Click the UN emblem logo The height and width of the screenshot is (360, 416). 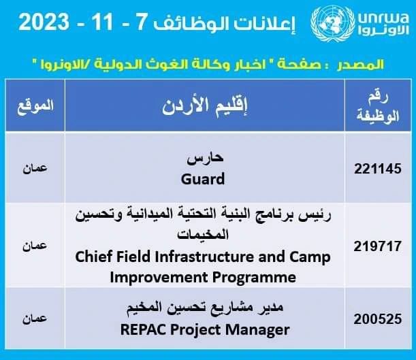coord(333,23)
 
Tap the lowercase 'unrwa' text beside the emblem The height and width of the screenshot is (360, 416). coord(383,18)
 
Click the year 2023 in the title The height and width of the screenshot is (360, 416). coord(44,22)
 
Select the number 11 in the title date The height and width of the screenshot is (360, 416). coord(102,22)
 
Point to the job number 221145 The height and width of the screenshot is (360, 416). coord(377,169)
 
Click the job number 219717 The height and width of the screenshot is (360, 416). coord(377,246)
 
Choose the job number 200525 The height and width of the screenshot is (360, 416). coord(377,319)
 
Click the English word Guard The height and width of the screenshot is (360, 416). coord(203,179)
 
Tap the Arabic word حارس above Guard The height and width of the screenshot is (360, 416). coord(205,159)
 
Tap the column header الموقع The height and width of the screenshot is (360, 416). coord(35,106)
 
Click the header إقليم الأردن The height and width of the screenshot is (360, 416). coord(204,106)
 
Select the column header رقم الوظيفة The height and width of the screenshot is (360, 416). coord(378,106)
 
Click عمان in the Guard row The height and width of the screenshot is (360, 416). coord(35,168)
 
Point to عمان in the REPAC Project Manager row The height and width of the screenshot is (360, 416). coord(35,318)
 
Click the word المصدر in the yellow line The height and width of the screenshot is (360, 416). coord(360,64)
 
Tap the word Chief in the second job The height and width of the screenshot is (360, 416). coord(93,257)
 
